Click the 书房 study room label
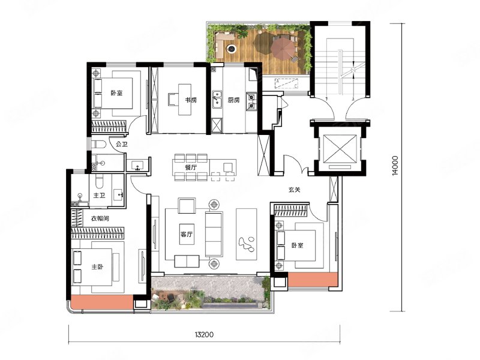click(x=190, y=100)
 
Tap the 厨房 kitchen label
click(x=233, y=100)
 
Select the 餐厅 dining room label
click(x=191, y=167)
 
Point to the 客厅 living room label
click(x=187, y=235)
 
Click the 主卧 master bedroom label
click(x=97, y=267)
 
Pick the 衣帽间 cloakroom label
click(x=100, y=218)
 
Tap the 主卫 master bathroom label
click(x=99, y=195)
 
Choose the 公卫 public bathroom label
click(x=122, y=144)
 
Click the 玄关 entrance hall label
click(x=294, y=190)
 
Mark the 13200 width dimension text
click(x=204, y=334)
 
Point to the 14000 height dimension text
click(x=395, y=166)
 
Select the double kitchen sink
click(x=217, y=99)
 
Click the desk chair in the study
click(x=172, y=100)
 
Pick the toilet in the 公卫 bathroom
click(x=100, y=144)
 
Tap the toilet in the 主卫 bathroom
click(x=100, y=182)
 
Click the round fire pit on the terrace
click(x=232, y=48)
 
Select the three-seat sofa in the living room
click(x=214, y=234)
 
